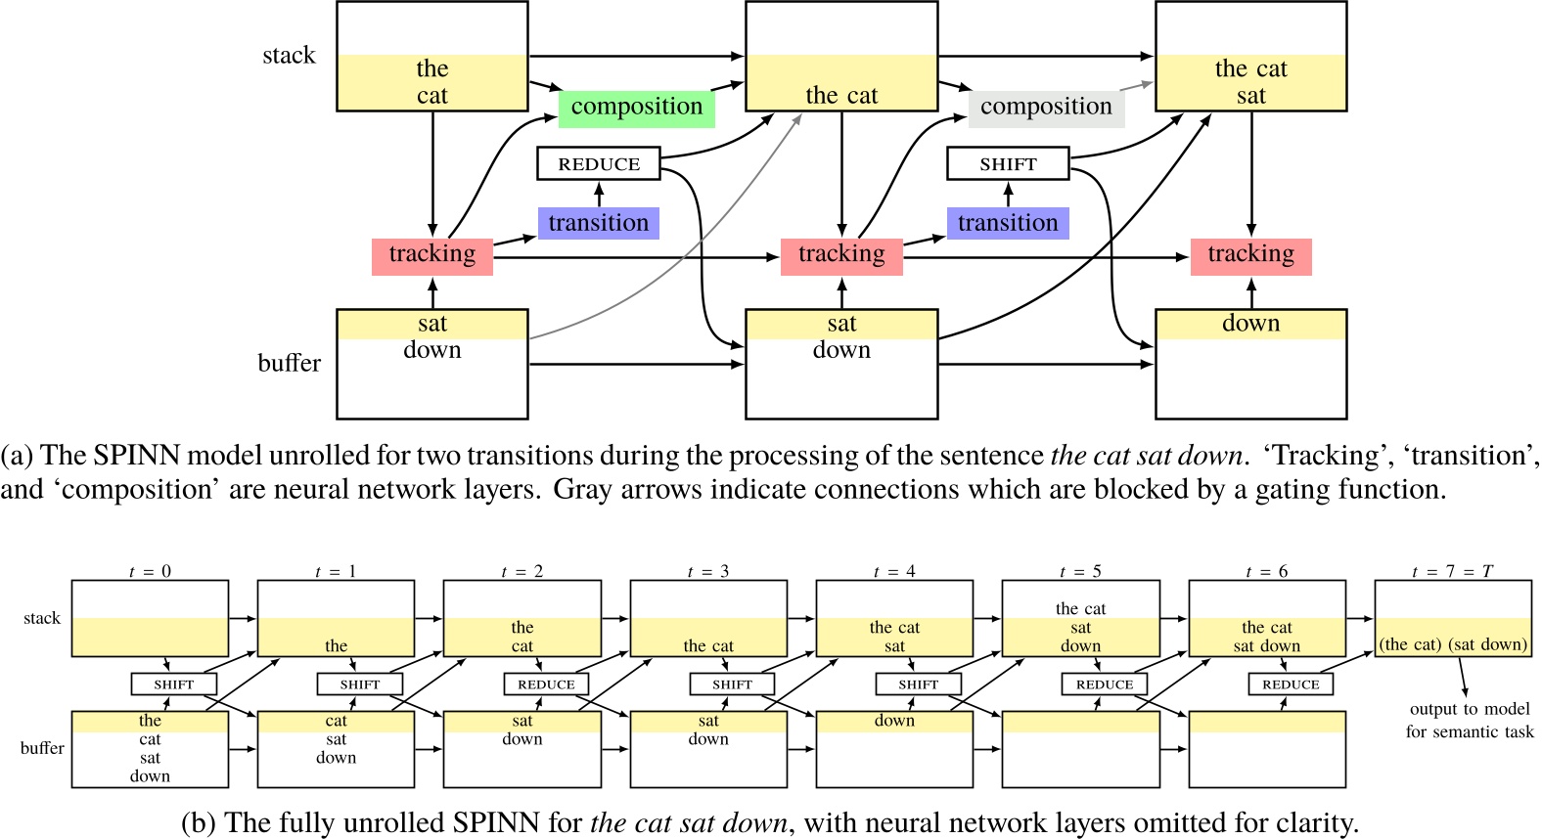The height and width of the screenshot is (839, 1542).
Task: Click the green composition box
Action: pos(636,108)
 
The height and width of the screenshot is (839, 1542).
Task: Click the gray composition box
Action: pos(1046,108)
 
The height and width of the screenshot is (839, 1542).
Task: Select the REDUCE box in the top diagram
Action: pos(599,164)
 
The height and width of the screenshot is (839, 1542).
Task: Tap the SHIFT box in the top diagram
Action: pos(1008,164)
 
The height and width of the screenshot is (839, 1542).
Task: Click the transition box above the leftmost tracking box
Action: pos(598,223)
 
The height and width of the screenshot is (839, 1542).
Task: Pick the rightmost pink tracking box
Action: pos(1250,255)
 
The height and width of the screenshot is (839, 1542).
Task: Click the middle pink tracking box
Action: pos(841,255)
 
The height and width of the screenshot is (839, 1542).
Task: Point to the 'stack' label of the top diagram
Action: pos(289,56)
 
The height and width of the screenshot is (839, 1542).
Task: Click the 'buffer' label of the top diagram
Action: pos(289,363)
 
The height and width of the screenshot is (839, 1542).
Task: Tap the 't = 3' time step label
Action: pos(707,571)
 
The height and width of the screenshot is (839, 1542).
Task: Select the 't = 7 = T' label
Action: pos(1452,571)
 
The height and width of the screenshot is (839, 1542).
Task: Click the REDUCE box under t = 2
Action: pos(546,684)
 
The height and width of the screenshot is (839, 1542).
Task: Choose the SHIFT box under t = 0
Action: pos(173,684)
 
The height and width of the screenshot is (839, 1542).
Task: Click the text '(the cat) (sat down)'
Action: pos(1453,644)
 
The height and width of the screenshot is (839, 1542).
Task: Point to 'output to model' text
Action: pos(1470,709)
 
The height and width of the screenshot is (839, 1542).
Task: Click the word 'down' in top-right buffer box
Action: pos(1250,324)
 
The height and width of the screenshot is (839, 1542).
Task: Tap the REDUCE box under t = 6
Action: pos(1291,684)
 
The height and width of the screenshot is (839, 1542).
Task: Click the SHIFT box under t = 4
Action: pos(918,684)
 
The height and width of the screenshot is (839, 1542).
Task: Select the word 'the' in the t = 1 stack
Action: pos(336,645)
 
